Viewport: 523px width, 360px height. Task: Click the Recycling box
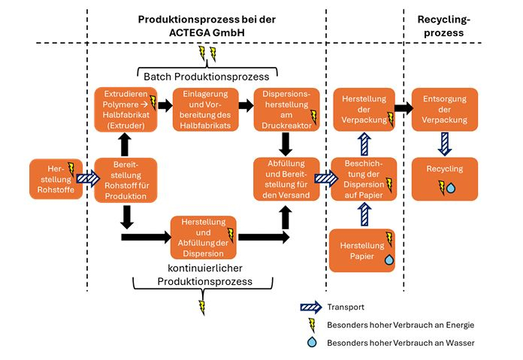pyautogui.click(x=445, y=178)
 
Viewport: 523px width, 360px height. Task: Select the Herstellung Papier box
pyautogui.click(x=363, y=250)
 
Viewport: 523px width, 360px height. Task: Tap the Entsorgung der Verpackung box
pyautogui.click(x=445, y=109)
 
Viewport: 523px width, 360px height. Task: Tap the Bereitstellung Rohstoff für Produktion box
pyautogui.click(x=125, y=179)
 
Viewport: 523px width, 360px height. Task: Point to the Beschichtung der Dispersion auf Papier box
pyautogui.click(x=363, y=179)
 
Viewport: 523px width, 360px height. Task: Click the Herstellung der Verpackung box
pyautogui.click(x=363, y=109)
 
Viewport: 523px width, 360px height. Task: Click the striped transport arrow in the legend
pyautogui.click(x=307, y=307)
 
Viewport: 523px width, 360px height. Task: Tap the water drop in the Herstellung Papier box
pyautogui.click(x=388, y=260)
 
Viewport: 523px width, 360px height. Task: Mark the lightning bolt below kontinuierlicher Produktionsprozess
pyautogui.click(x=201, y=307)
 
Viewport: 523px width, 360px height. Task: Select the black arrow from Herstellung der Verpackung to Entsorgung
pyautogui.click(x=404, y=107)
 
